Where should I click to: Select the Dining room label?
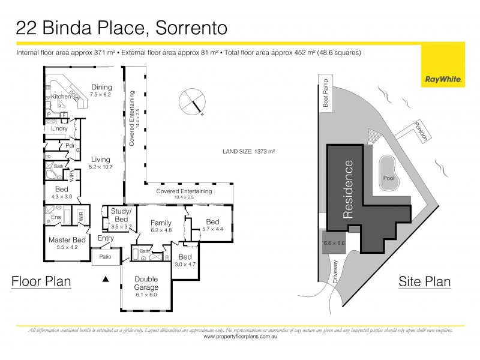click(x=101, y=87)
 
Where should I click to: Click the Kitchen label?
click(x=61, y=97)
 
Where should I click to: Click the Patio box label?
click(x=105, y=257)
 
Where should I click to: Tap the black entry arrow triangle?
click(x=106, y=279)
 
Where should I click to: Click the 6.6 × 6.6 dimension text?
click(x=335, y=243)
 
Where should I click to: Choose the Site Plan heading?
click(x=425, y=281)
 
